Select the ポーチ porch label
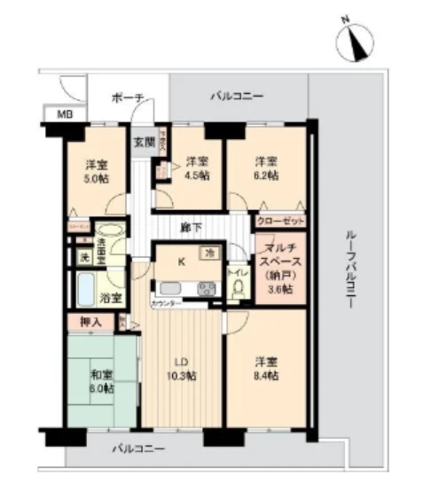[x=128, y=98]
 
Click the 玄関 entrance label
[x=143, y=141]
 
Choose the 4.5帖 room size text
[x=198, y=176]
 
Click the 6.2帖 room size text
[x=267, y=176]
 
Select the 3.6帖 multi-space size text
[x=280, y=287]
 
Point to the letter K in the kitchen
[x=182, y=262]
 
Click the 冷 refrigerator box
[x=209, y=253]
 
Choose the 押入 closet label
[x=90, y=323]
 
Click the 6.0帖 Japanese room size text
[x=101, y=387]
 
